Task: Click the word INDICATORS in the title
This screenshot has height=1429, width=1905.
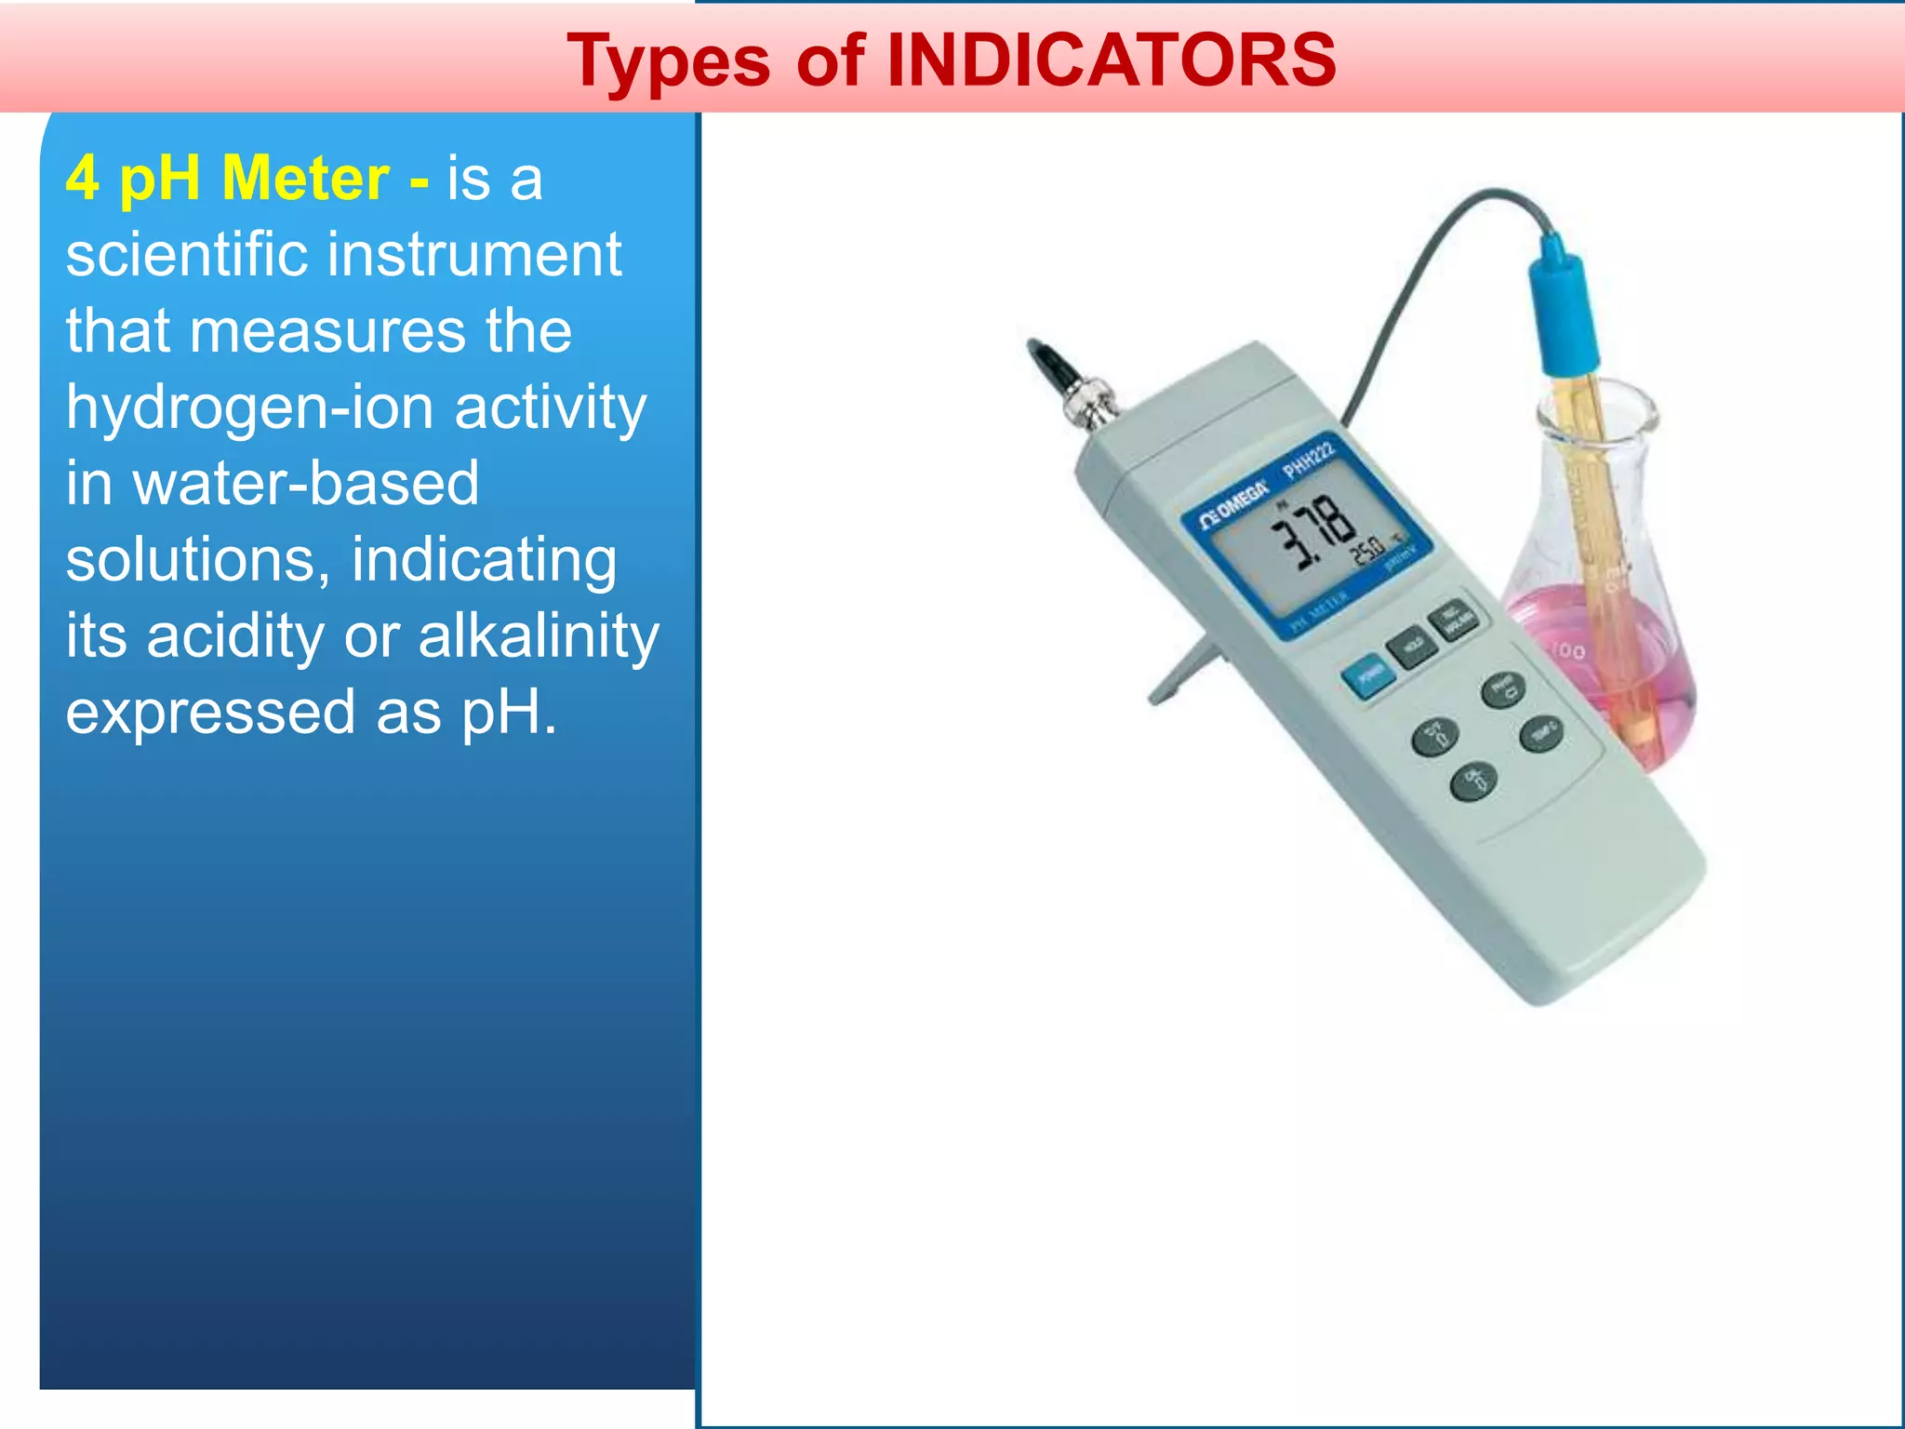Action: [x=1112, y=60]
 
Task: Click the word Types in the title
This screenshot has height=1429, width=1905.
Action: [x=669, y=62]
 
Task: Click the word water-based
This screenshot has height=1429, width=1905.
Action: [x=306, y=483]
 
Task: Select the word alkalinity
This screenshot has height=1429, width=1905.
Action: [x=539, y=636]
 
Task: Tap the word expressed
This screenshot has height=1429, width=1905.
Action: [x=210, y=713]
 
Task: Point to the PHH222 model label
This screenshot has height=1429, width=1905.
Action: [x=1310, y=459]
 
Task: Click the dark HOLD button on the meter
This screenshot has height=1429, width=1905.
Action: [x=1410, y=646]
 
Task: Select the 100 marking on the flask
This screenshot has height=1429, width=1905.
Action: [x=1569, y=650]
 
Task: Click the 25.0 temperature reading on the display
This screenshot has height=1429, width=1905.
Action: [x=1368, y=551]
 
